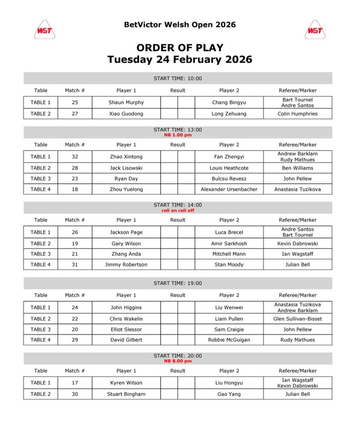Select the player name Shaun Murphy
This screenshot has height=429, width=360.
tap(126, 102)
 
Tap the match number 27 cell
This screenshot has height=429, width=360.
tap(75, 114)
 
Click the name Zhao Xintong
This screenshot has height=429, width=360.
tap(126, 156)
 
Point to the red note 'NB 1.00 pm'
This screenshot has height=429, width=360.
tap(178, 135)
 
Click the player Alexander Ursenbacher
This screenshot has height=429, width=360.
tap(229, 189)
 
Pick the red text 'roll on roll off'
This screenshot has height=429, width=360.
tap(178, 210)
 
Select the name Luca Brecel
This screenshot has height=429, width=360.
tap(229, 232)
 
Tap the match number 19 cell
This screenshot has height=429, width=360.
tap(75, 243)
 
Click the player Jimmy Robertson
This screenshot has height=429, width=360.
tap(126, 264)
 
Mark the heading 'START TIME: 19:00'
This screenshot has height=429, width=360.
tap(178, 283)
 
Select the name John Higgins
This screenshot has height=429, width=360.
tap(126, 307)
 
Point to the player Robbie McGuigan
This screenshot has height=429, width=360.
tap(229, 340)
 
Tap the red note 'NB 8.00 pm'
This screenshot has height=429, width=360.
tap(178, 361)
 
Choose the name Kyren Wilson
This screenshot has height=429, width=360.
tap(126, 383)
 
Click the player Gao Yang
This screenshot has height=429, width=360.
tap(229, 394)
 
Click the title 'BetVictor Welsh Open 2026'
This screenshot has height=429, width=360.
tap(180, 25)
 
